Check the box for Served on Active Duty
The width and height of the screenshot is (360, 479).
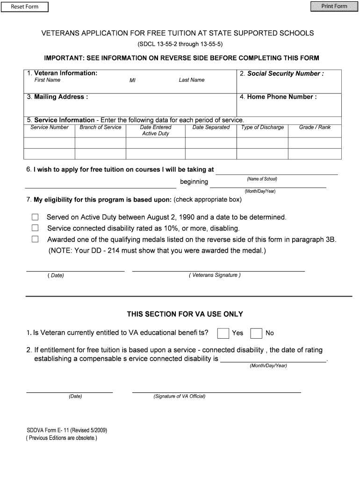coord(35,217)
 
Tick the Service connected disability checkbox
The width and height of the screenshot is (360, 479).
coord(35,228)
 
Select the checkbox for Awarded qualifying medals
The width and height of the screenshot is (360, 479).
coord(35,239)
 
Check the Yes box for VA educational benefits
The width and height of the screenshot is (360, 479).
coord(223,333)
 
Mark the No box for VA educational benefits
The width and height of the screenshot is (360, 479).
coord(256,333)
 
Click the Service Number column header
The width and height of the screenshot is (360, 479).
coord(50,127)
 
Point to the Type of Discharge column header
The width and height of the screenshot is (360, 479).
coord(262,127)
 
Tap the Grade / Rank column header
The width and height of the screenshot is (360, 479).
coord(315,127)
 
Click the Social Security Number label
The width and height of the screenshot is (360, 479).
coord(285,73)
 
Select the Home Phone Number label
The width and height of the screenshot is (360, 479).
coord(281,97)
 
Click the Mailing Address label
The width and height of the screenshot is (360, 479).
coord(60,97)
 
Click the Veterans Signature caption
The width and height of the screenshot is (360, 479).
coord(215,275)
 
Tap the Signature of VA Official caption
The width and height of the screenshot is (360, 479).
coord(180,396)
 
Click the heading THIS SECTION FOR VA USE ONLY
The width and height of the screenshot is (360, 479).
coord(185,314)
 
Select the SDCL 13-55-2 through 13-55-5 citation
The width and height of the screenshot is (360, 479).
coord(180,45)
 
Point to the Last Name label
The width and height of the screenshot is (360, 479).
coord(192,80)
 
